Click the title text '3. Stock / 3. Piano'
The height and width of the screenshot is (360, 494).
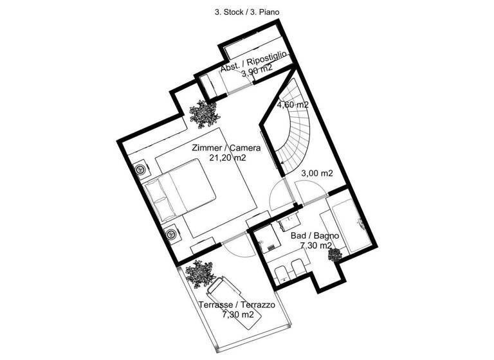(x=246, y=12)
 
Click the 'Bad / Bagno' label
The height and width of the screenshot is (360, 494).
(x=311, y=235)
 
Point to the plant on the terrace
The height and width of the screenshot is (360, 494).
(x=199, y=274)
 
